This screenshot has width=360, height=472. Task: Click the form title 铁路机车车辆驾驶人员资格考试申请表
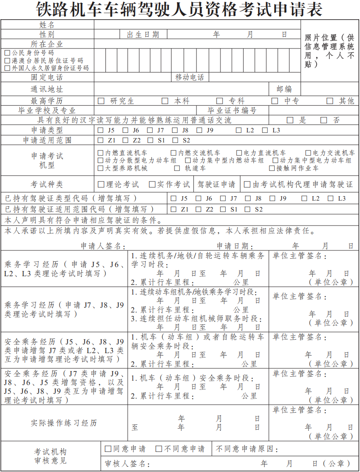pyautogui.click(x=180, y=9)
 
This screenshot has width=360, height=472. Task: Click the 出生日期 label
pyautogui.click(x=143, y=35)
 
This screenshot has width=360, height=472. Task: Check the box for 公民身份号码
pyautogui.click(x=7, y=53)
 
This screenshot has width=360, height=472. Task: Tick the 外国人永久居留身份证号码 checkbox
pyautogui.click(x=7, y=68)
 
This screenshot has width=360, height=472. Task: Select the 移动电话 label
pyautogui.click(x=189, y=77)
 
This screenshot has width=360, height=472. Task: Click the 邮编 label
pyautogui.click(x=284, y=89)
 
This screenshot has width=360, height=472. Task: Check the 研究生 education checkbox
pyautogui.click(x=101, y=101)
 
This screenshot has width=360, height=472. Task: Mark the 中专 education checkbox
pyautogui.click(x=275, y=101)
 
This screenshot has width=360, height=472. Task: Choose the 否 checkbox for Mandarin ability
pyautogui.click(x=324, y=120)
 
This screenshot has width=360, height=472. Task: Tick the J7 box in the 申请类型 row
pyautogui.click(x=150, y=130)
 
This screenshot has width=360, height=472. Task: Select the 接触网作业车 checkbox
pyautogui.click(x=272, y=168)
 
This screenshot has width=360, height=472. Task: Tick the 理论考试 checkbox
pyautogui.click(x=101, y=184)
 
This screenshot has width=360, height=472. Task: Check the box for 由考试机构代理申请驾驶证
pyautogui.click(x=247, y=184)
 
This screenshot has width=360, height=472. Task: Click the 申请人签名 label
pyautogui.click(x=102, y=246)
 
